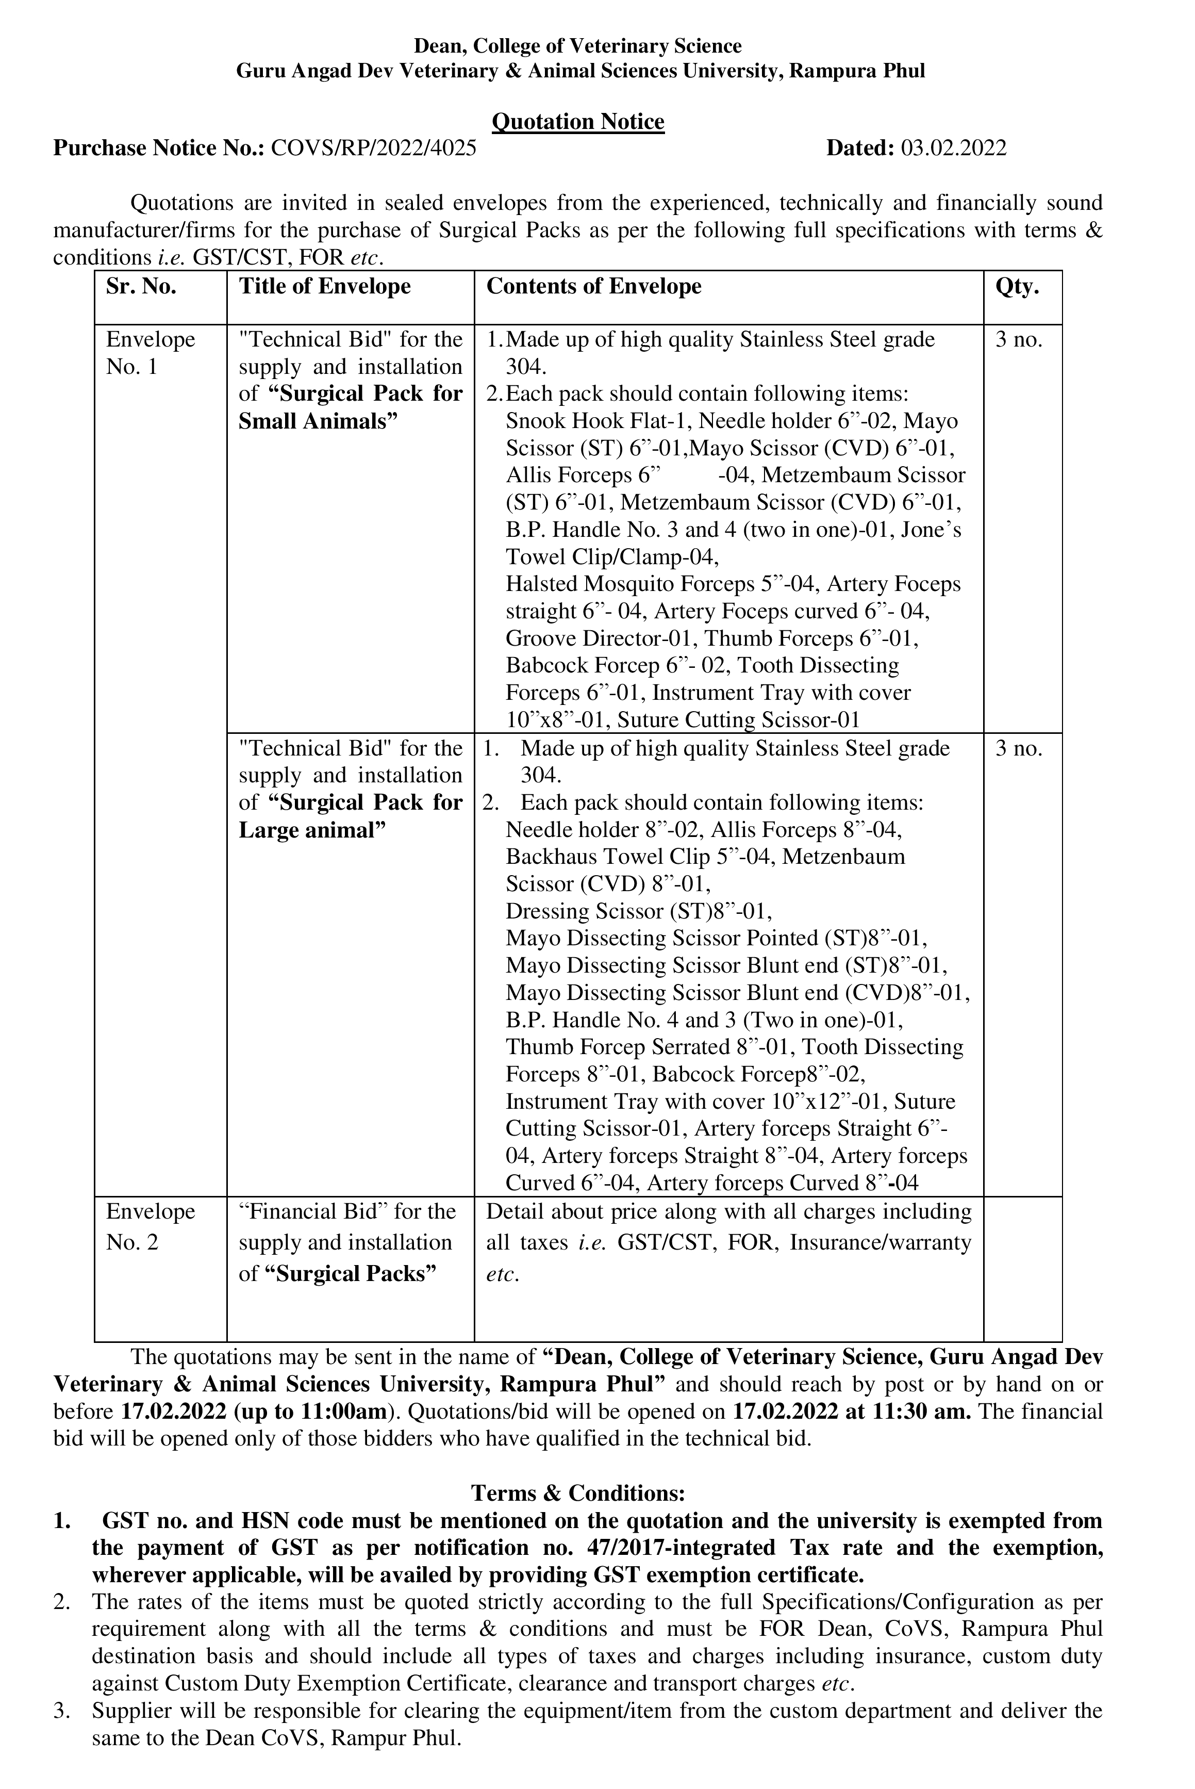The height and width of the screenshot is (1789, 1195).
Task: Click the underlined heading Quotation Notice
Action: (x=578, y=122)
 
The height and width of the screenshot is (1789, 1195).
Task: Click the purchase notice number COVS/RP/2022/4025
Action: (x=373, y=148)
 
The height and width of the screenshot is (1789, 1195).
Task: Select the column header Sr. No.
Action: (x=141, y=287)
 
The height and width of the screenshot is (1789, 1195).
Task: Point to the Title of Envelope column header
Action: (x=325, y=287)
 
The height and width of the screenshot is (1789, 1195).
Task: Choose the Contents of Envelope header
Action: (x=594, y=287)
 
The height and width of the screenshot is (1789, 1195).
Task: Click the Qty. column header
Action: (x=1018, y=287)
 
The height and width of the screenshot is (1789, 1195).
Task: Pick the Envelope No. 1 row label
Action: (x=150, y=353)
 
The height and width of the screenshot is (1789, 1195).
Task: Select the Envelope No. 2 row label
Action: (x=150, y=1226)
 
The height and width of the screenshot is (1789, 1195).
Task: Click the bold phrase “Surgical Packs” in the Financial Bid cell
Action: (x=351, y=1274)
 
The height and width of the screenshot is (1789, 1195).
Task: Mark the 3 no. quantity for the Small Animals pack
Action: (x=1018, y=340)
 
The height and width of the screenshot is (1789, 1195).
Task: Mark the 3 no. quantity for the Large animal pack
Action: (x=1018, y=748)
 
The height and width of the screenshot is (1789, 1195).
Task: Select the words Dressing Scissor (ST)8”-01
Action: (x=639, y=912)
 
